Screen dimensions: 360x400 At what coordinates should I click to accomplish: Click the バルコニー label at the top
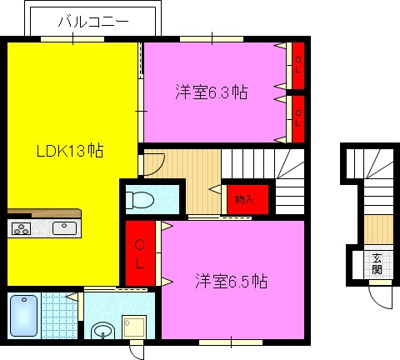[x=92, y=22]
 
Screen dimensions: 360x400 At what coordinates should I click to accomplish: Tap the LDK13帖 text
[x=69, y=152]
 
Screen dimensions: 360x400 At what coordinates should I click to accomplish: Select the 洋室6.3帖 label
[x=211, y=91]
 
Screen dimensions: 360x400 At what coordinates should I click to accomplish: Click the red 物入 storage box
[x=245, y=199]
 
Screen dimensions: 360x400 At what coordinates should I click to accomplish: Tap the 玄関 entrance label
[x=377, y=263]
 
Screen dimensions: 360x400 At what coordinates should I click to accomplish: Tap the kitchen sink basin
[x=63, y=227]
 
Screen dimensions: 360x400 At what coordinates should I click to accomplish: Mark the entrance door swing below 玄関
[x=379, y=293]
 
